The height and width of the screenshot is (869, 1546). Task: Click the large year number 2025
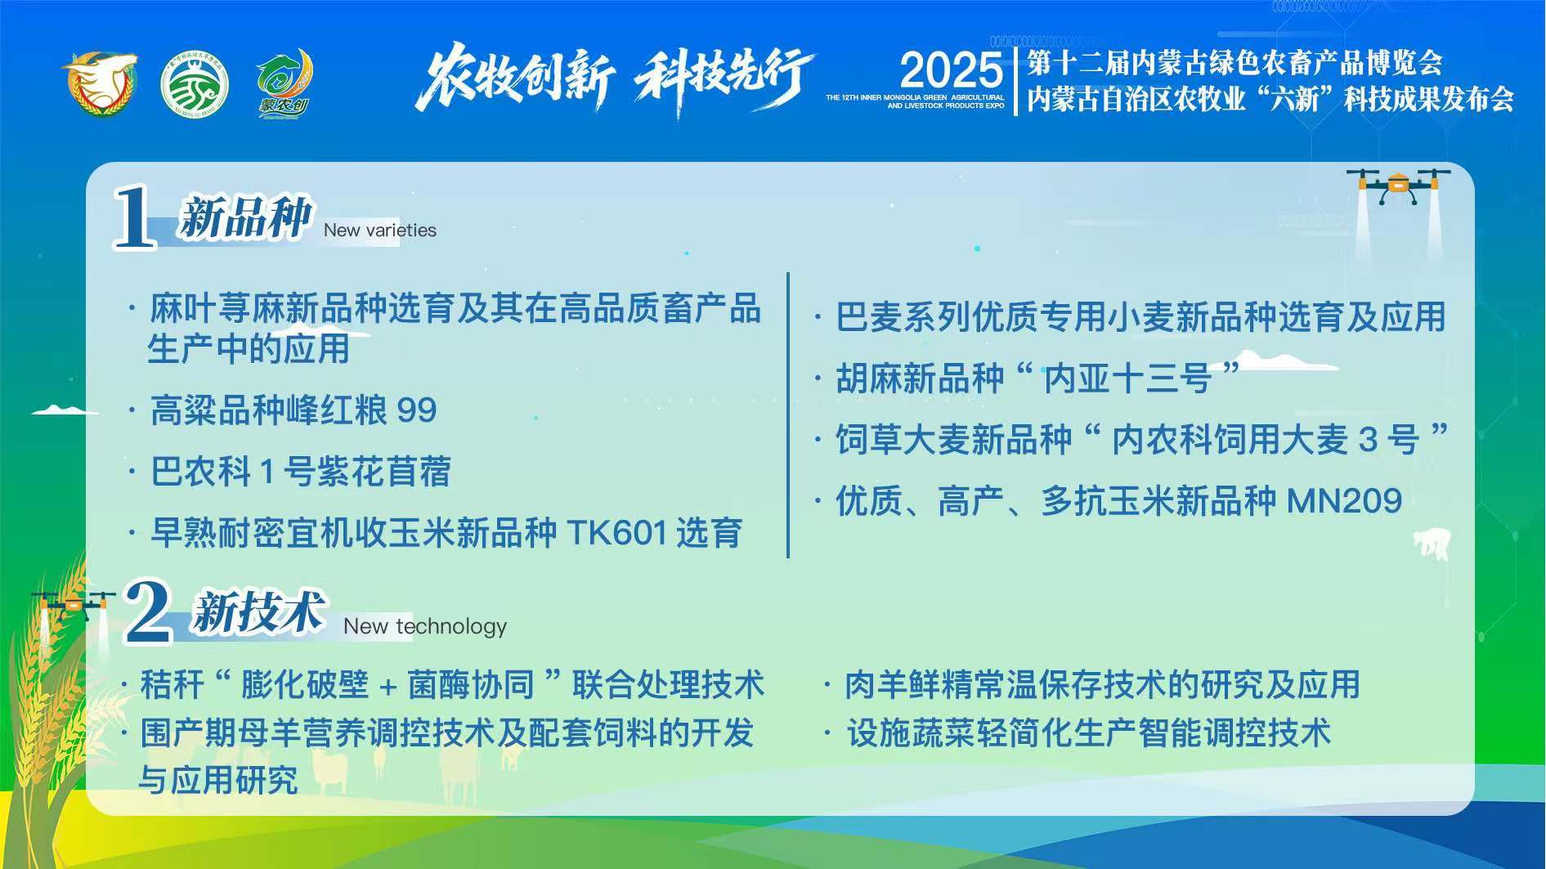(951, 70)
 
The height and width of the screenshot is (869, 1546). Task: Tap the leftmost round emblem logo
(100, 83)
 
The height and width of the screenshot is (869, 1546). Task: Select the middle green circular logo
(195, 85)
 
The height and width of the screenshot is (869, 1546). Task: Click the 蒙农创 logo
(283, 83)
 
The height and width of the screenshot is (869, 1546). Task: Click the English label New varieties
(380, 231)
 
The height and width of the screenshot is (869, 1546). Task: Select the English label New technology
(425, 626)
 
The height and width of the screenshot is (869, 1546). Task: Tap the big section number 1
(135, 216)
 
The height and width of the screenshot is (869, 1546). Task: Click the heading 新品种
(245, 217)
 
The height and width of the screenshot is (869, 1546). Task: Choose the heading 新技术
(258, 612)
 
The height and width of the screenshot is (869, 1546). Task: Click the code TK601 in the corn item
(617, 533)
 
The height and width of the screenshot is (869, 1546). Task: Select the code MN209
(1345, 501)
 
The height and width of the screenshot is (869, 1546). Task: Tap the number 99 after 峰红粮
(417, 410)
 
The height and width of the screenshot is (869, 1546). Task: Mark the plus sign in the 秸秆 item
(389, 686)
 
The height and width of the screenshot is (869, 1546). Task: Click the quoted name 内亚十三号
(1128, 379)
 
